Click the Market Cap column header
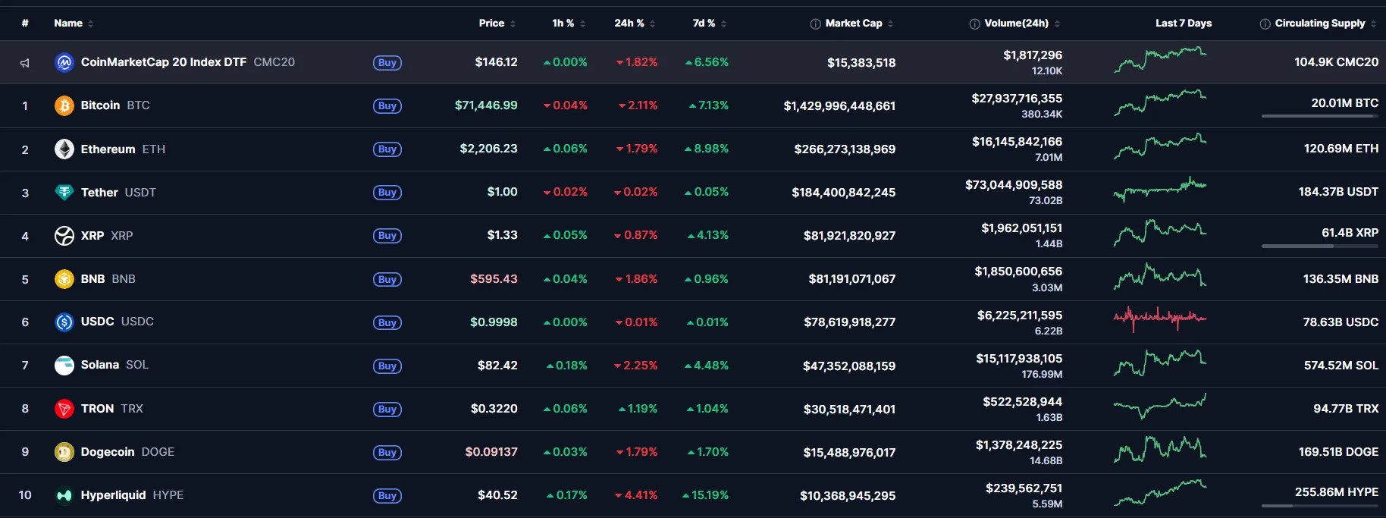(853, 24)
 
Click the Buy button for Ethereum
(387, 149)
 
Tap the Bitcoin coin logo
(64, 105)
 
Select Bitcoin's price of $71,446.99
(486, 105)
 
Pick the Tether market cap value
(843, 193)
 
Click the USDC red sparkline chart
(1159, 318)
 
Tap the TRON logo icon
(64, 409)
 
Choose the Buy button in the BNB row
(387, 279)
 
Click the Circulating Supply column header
(1319, 24)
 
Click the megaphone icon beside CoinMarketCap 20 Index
(25, 63)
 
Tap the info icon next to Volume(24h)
(974, 24)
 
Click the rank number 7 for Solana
(25, 366)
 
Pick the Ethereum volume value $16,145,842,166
(1017, 142)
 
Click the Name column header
(68, 24)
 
